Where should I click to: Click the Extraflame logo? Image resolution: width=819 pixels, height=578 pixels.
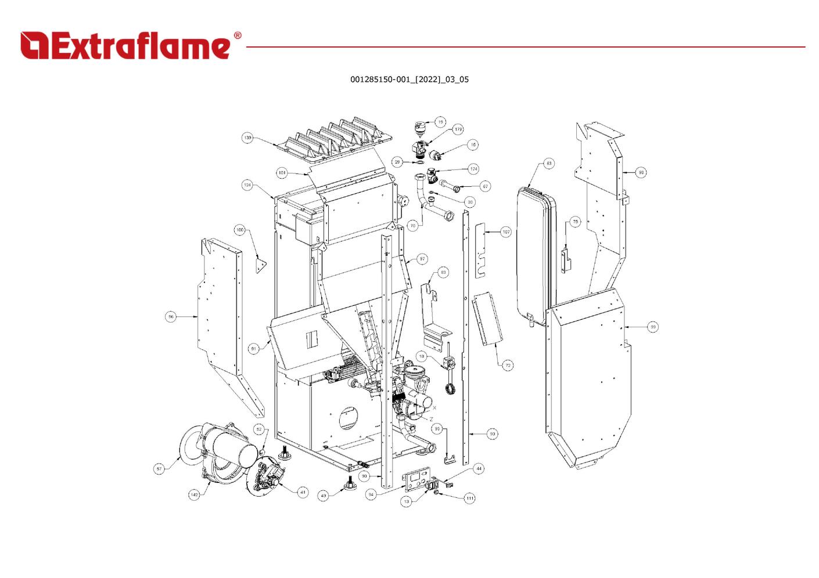pyautogui.click(x=125, y=46)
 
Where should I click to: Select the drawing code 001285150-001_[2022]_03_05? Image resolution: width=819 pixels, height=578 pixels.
pyautogui.click(x=409, y=80)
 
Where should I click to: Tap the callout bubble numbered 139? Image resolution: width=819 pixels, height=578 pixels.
pyautogui.click(x=248, y=138)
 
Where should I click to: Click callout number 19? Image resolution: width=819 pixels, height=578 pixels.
pyautogui.click(x=440, y=122)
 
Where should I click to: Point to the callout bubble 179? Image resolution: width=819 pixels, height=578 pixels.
pyautogui.click(x=458, y=129)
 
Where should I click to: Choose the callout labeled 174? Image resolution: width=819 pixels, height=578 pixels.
pyautogui.click(x=473, y=169)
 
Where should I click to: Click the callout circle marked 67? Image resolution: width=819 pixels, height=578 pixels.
pyautogui.click(x=485, y=186)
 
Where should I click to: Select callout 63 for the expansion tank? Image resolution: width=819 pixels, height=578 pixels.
pyautogui.click(x=549, y=164)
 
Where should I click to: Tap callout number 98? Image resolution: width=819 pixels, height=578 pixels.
pyautogui.click(x=641, y=172)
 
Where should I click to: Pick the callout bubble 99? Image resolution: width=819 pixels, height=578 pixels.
pyautogui.click(x=653, y=327)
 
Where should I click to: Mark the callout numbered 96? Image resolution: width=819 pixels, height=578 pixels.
pyautogui.click(x=171, y=317)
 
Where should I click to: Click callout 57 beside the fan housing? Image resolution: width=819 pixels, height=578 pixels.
pyautogui.click(x=159, y=469)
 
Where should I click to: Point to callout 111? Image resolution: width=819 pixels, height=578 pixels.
pyautogui.click(x=469, y=498)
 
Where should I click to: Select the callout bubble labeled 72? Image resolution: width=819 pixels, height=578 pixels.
pyautogui.click(x=508, y=366)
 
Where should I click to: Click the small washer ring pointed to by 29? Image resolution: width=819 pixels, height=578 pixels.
pyautogui.click(x=419, y=162)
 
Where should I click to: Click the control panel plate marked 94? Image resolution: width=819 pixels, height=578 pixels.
pyautogui.click(x=417, y=479)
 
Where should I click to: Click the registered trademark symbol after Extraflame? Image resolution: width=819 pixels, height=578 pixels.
pyautogui.click(x=238, y=36)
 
